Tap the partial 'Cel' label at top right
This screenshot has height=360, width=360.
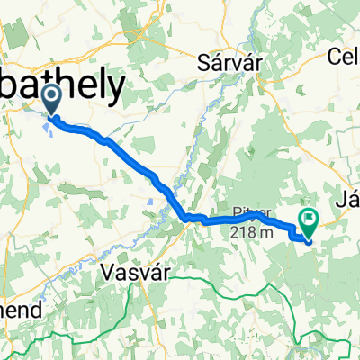point(344,57)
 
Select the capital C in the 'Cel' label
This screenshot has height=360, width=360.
point(335,57)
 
